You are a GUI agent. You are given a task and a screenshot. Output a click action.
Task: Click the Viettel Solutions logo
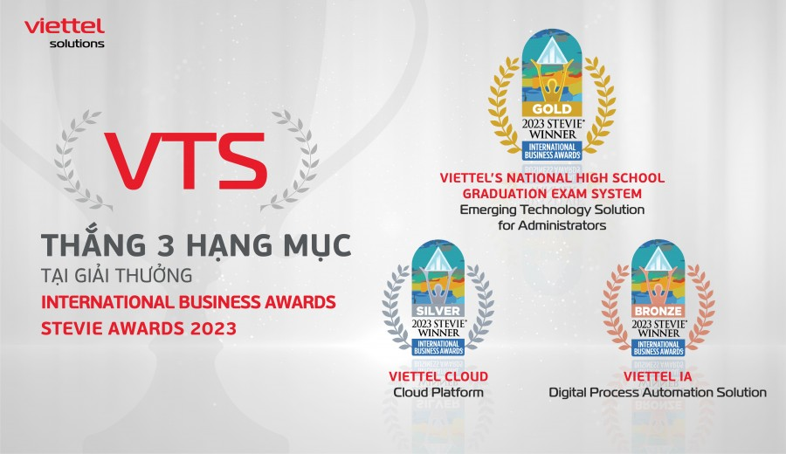64,32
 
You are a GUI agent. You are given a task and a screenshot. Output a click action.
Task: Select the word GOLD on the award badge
551,108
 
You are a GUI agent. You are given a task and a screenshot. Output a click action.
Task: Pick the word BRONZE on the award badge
658,312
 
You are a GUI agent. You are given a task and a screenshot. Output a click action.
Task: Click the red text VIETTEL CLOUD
438,376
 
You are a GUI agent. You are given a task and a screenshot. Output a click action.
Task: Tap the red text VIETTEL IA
658,376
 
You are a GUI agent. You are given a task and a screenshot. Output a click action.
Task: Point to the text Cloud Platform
438,393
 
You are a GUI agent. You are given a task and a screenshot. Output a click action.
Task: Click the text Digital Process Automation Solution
658,393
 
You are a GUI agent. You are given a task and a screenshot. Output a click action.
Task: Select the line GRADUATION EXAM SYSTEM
551,193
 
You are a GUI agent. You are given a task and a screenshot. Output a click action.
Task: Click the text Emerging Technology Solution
551,210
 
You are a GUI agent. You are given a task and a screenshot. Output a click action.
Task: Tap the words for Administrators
551,225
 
